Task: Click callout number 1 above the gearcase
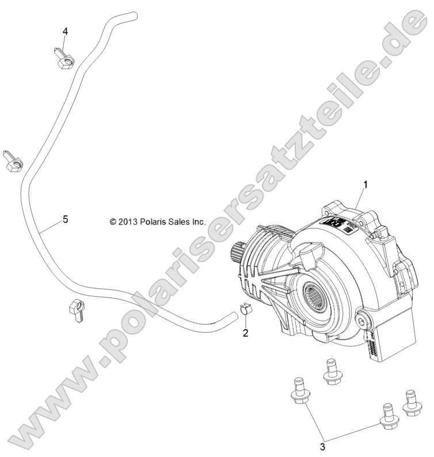pyautogui.click(x=364, y=185)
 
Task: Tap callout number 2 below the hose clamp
pyautogui.click(x=245, y=333)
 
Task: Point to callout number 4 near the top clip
pyautogui.click(x=65, y=32)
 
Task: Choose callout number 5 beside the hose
pyautogui.click(x=65, y=220)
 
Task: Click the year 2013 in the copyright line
pyautogui.click(x=128, y=221)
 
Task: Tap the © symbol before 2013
pyautogui.click(x=113, y=221)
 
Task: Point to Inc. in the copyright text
pyautogui.click(x=199, y=221)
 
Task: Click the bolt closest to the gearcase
pyautogui.click(x=331, y=370)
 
